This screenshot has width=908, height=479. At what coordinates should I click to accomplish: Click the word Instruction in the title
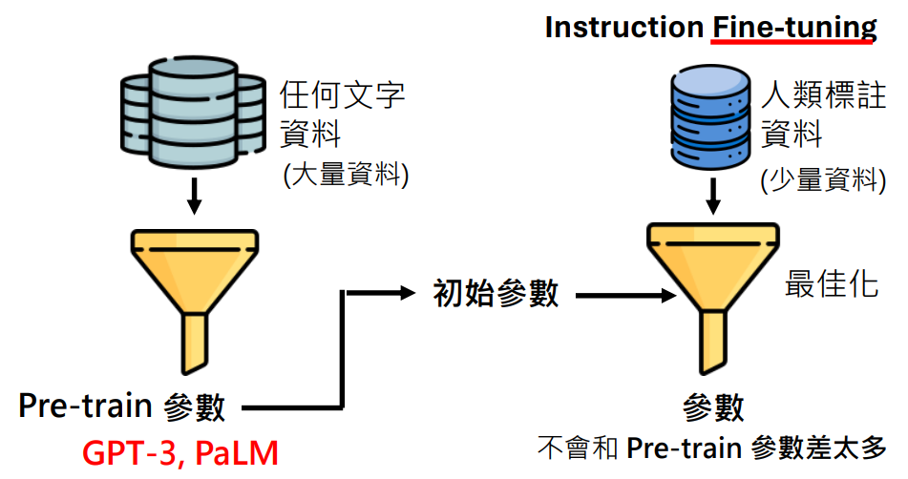624,27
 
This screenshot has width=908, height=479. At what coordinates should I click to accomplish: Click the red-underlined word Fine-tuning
794,28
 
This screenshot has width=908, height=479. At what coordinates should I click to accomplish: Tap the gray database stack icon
194,113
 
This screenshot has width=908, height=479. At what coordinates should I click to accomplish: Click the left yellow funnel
195,301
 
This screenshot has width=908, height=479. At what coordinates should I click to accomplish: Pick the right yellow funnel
713,298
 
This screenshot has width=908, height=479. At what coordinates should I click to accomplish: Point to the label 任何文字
342,94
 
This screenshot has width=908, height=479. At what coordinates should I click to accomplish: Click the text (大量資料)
347,174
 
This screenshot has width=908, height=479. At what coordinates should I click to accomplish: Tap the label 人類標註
823,94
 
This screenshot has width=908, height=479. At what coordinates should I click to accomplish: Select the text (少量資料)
823,179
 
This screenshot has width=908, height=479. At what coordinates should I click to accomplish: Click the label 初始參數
496,293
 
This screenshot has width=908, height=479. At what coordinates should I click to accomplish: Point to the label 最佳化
832,284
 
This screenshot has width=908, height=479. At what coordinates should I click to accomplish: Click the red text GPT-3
129,453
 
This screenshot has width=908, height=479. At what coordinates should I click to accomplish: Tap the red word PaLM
236,453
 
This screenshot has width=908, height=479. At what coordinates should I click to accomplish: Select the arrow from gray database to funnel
195,197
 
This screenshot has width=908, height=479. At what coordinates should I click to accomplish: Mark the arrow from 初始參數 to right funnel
626,296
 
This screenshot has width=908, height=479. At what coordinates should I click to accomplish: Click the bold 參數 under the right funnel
713,407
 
